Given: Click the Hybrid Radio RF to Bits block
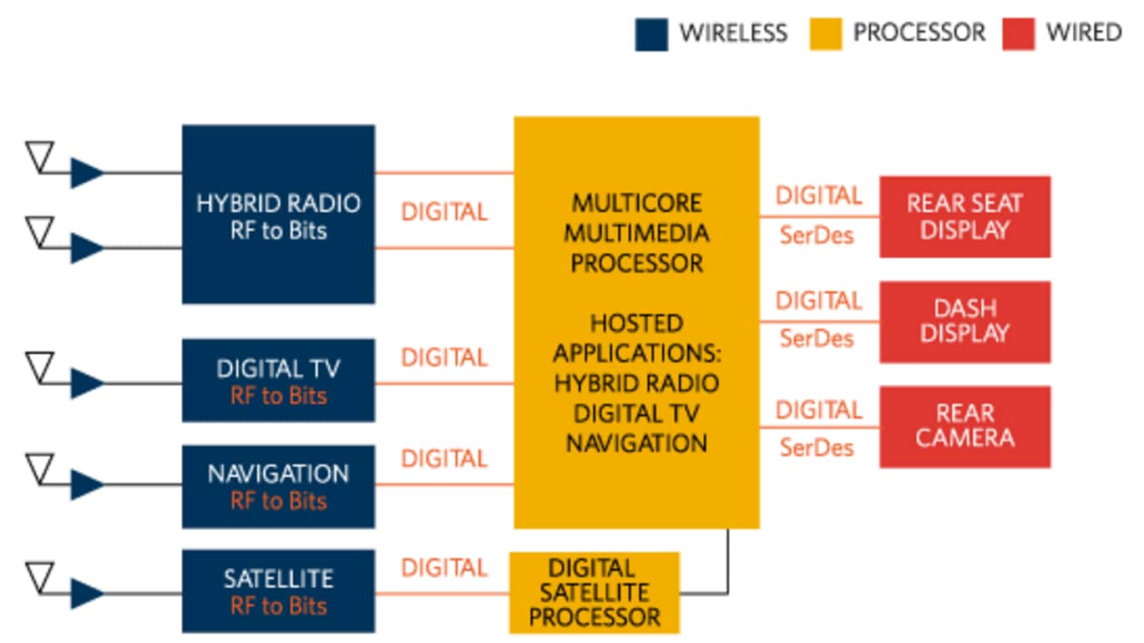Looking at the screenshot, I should pos(278,215).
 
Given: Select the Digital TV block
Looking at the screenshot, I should pos(278,380).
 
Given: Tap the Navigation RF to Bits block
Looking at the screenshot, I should pos(278,486).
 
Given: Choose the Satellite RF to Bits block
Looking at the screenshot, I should pos(278,590).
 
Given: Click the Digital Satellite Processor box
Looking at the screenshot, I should pos(595,593).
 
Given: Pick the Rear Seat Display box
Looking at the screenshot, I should pos(964,216).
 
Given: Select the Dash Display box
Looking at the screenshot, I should pos(964,321).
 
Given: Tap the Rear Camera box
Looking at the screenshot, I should pos(964,426).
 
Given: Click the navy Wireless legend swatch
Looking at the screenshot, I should pos(651,34).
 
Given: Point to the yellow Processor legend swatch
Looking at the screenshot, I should pos(825,34).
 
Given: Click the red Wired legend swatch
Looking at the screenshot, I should pos(1019,34).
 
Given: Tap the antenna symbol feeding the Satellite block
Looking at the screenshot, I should pos(39,575).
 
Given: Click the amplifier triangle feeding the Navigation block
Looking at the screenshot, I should pos(86,484).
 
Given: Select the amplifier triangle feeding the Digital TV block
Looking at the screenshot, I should pos(86,383).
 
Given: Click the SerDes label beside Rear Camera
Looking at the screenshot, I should pos(817,448).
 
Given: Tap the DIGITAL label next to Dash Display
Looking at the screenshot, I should pos(818,301).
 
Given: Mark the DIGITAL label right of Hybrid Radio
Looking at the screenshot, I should pos(444,211).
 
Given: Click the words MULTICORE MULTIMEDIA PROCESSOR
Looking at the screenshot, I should pos(636,233).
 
